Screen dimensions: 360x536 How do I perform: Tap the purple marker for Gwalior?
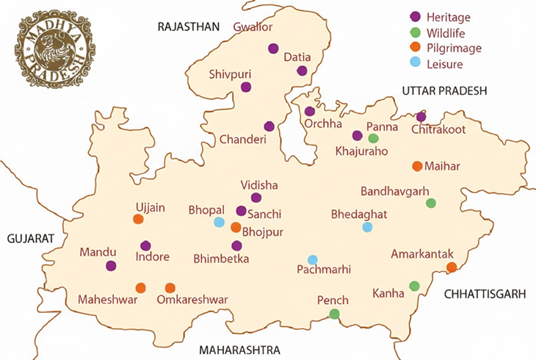[273, 48]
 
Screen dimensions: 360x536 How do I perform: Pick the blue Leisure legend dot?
[415, 65]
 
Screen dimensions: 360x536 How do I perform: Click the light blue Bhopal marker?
[219, 222]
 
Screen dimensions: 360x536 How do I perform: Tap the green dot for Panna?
[373, 138]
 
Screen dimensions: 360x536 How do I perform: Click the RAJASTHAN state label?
[188, 27]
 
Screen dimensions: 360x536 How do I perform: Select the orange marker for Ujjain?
[138, 219]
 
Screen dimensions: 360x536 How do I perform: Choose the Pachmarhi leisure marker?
[312, 259]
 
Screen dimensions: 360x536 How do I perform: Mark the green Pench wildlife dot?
[334, 314]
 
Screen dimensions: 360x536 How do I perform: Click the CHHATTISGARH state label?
[485, 294]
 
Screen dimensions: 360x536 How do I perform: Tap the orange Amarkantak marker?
[452, 267]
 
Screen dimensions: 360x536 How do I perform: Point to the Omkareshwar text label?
[193, 300]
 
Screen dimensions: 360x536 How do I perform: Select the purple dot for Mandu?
[111, 266]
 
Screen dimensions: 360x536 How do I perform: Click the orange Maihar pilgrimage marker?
[417, 166]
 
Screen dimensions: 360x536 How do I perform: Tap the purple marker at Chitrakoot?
[421, 117]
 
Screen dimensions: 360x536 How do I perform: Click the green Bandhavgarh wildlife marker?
[431, 203]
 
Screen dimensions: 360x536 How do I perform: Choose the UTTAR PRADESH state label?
[444, 90]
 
